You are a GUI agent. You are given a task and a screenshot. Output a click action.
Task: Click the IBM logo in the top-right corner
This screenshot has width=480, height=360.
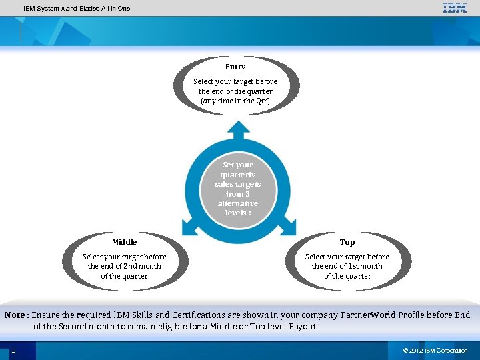[x=455, y=8]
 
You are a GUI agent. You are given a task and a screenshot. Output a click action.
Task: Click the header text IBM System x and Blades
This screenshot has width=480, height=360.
[x=77, y=9]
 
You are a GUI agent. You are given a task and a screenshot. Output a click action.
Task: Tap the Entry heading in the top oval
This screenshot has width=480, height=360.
[x=235, y=67]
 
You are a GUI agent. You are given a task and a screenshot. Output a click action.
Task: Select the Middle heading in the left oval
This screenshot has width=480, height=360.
[x=125, y=242]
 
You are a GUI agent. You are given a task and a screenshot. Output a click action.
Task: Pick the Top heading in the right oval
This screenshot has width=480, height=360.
[x=347, y=242]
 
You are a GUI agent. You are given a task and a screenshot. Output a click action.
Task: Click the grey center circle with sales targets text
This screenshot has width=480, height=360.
[x=238, y=189]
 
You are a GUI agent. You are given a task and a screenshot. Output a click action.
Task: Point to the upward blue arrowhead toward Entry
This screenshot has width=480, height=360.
[x=238, y=127]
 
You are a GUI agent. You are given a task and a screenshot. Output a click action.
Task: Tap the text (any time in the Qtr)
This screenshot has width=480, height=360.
[x=235, y=101]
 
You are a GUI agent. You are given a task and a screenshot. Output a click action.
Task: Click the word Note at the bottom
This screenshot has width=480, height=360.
[x=15, y=315]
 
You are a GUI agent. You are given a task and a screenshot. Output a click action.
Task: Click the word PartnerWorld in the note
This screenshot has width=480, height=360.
[x=368, y=315]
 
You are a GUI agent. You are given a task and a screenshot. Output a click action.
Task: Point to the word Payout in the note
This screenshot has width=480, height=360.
[x=301, y=327]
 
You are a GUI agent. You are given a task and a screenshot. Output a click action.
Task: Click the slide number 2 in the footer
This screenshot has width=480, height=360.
[x=14, y=351]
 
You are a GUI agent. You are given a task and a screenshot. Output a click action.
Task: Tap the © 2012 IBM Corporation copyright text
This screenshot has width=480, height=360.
[x=435, y=351]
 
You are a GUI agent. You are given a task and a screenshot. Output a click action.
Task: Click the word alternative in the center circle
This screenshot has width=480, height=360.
[x=238, y=203]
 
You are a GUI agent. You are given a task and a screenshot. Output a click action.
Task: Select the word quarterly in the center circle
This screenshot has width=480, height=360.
[x=238, y=175]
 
